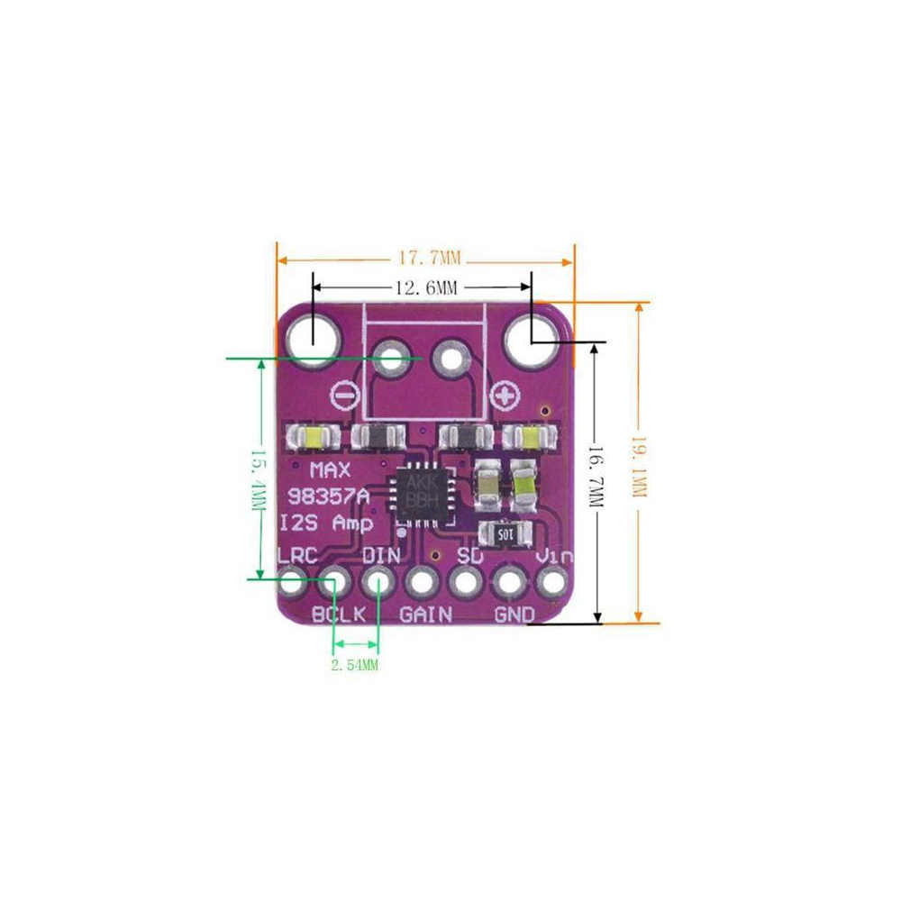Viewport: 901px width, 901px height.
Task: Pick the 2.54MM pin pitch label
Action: [354, 666]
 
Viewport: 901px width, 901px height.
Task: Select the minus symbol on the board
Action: [344, 395]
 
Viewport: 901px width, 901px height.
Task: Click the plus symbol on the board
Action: [506, 395]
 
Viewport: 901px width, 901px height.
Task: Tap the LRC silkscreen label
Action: [297, 556]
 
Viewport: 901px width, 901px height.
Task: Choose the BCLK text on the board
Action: [339, 614]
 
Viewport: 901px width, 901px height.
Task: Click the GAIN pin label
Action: [425, 614]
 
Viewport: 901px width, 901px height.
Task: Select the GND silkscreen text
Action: [514, 614]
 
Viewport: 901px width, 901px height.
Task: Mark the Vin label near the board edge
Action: [553, 557]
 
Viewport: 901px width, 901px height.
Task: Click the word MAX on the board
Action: [330, 470]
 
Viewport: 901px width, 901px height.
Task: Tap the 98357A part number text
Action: [328, 496]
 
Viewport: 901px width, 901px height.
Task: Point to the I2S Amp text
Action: [327, 523]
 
